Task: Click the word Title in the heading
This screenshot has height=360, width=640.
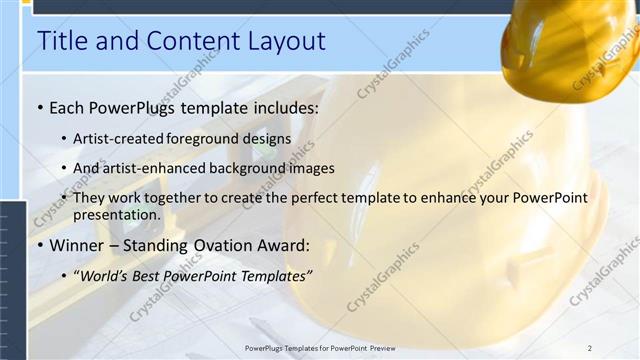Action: [x=60, y=41]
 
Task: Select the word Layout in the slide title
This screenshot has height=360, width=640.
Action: [x=288, y=41]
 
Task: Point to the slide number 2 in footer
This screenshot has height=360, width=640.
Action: [x=590, y=347]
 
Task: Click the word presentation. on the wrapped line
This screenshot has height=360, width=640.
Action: [x=116, y=214]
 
